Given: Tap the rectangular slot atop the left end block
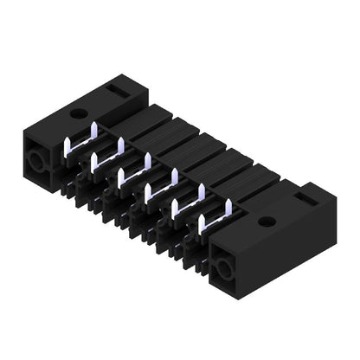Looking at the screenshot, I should pos(116,87).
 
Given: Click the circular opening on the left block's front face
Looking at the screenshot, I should pos(39,161).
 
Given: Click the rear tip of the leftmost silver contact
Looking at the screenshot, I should pos(93,128).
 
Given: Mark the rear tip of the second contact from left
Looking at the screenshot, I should pos(120,143).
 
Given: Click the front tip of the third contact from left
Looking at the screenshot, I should pos(120,175).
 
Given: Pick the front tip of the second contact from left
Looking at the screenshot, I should pos(93,159).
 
